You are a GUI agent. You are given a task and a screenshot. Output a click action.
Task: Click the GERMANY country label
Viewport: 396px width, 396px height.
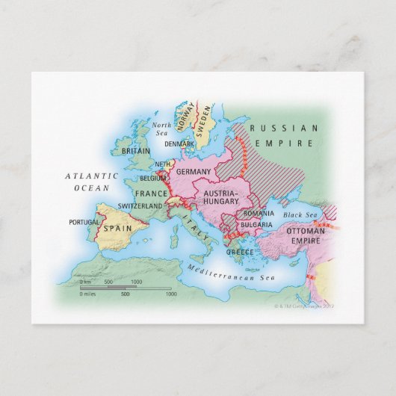click(x=196, y=172)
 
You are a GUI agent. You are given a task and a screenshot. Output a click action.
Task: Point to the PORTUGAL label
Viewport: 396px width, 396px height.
click(x=84, y=222)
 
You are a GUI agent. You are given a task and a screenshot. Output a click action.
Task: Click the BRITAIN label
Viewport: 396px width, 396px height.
click(x=135, y=150)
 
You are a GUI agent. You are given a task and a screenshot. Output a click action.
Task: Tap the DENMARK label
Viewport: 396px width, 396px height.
click(x=180, y=143)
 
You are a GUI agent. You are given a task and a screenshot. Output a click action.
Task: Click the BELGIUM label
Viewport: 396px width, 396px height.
click(x=153, y=179)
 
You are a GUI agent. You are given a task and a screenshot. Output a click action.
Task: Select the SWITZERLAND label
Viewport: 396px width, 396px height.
click(x=140, y=205)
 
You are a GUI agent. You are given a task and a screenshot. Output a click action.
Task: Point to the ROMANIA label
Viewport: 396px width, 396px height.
click(x=259, y=213)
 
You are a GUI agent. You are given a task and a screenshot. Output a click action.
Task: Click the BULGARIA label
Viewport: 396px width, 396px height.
click(x=256, y=223)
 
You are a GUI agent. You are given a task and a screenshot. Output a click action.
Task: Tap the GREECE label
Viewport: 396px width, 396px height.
click(x=240, y=252)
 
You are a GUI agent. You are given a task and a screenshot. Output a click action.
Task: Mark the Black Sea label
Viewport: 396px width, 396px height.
click(x=302, y=215)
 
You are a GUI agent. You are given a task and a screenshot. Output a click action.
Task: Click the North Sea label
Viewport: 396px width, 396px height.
click(x=161, y=129)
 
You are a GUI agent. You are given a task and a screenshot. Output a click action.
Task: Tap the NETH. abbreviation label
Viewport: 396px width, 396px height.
click(x=164, y=164)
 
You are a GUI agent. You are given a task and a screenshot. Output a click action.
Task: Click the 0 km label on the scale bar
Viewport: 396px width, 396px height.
click(x=85, y=282)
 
